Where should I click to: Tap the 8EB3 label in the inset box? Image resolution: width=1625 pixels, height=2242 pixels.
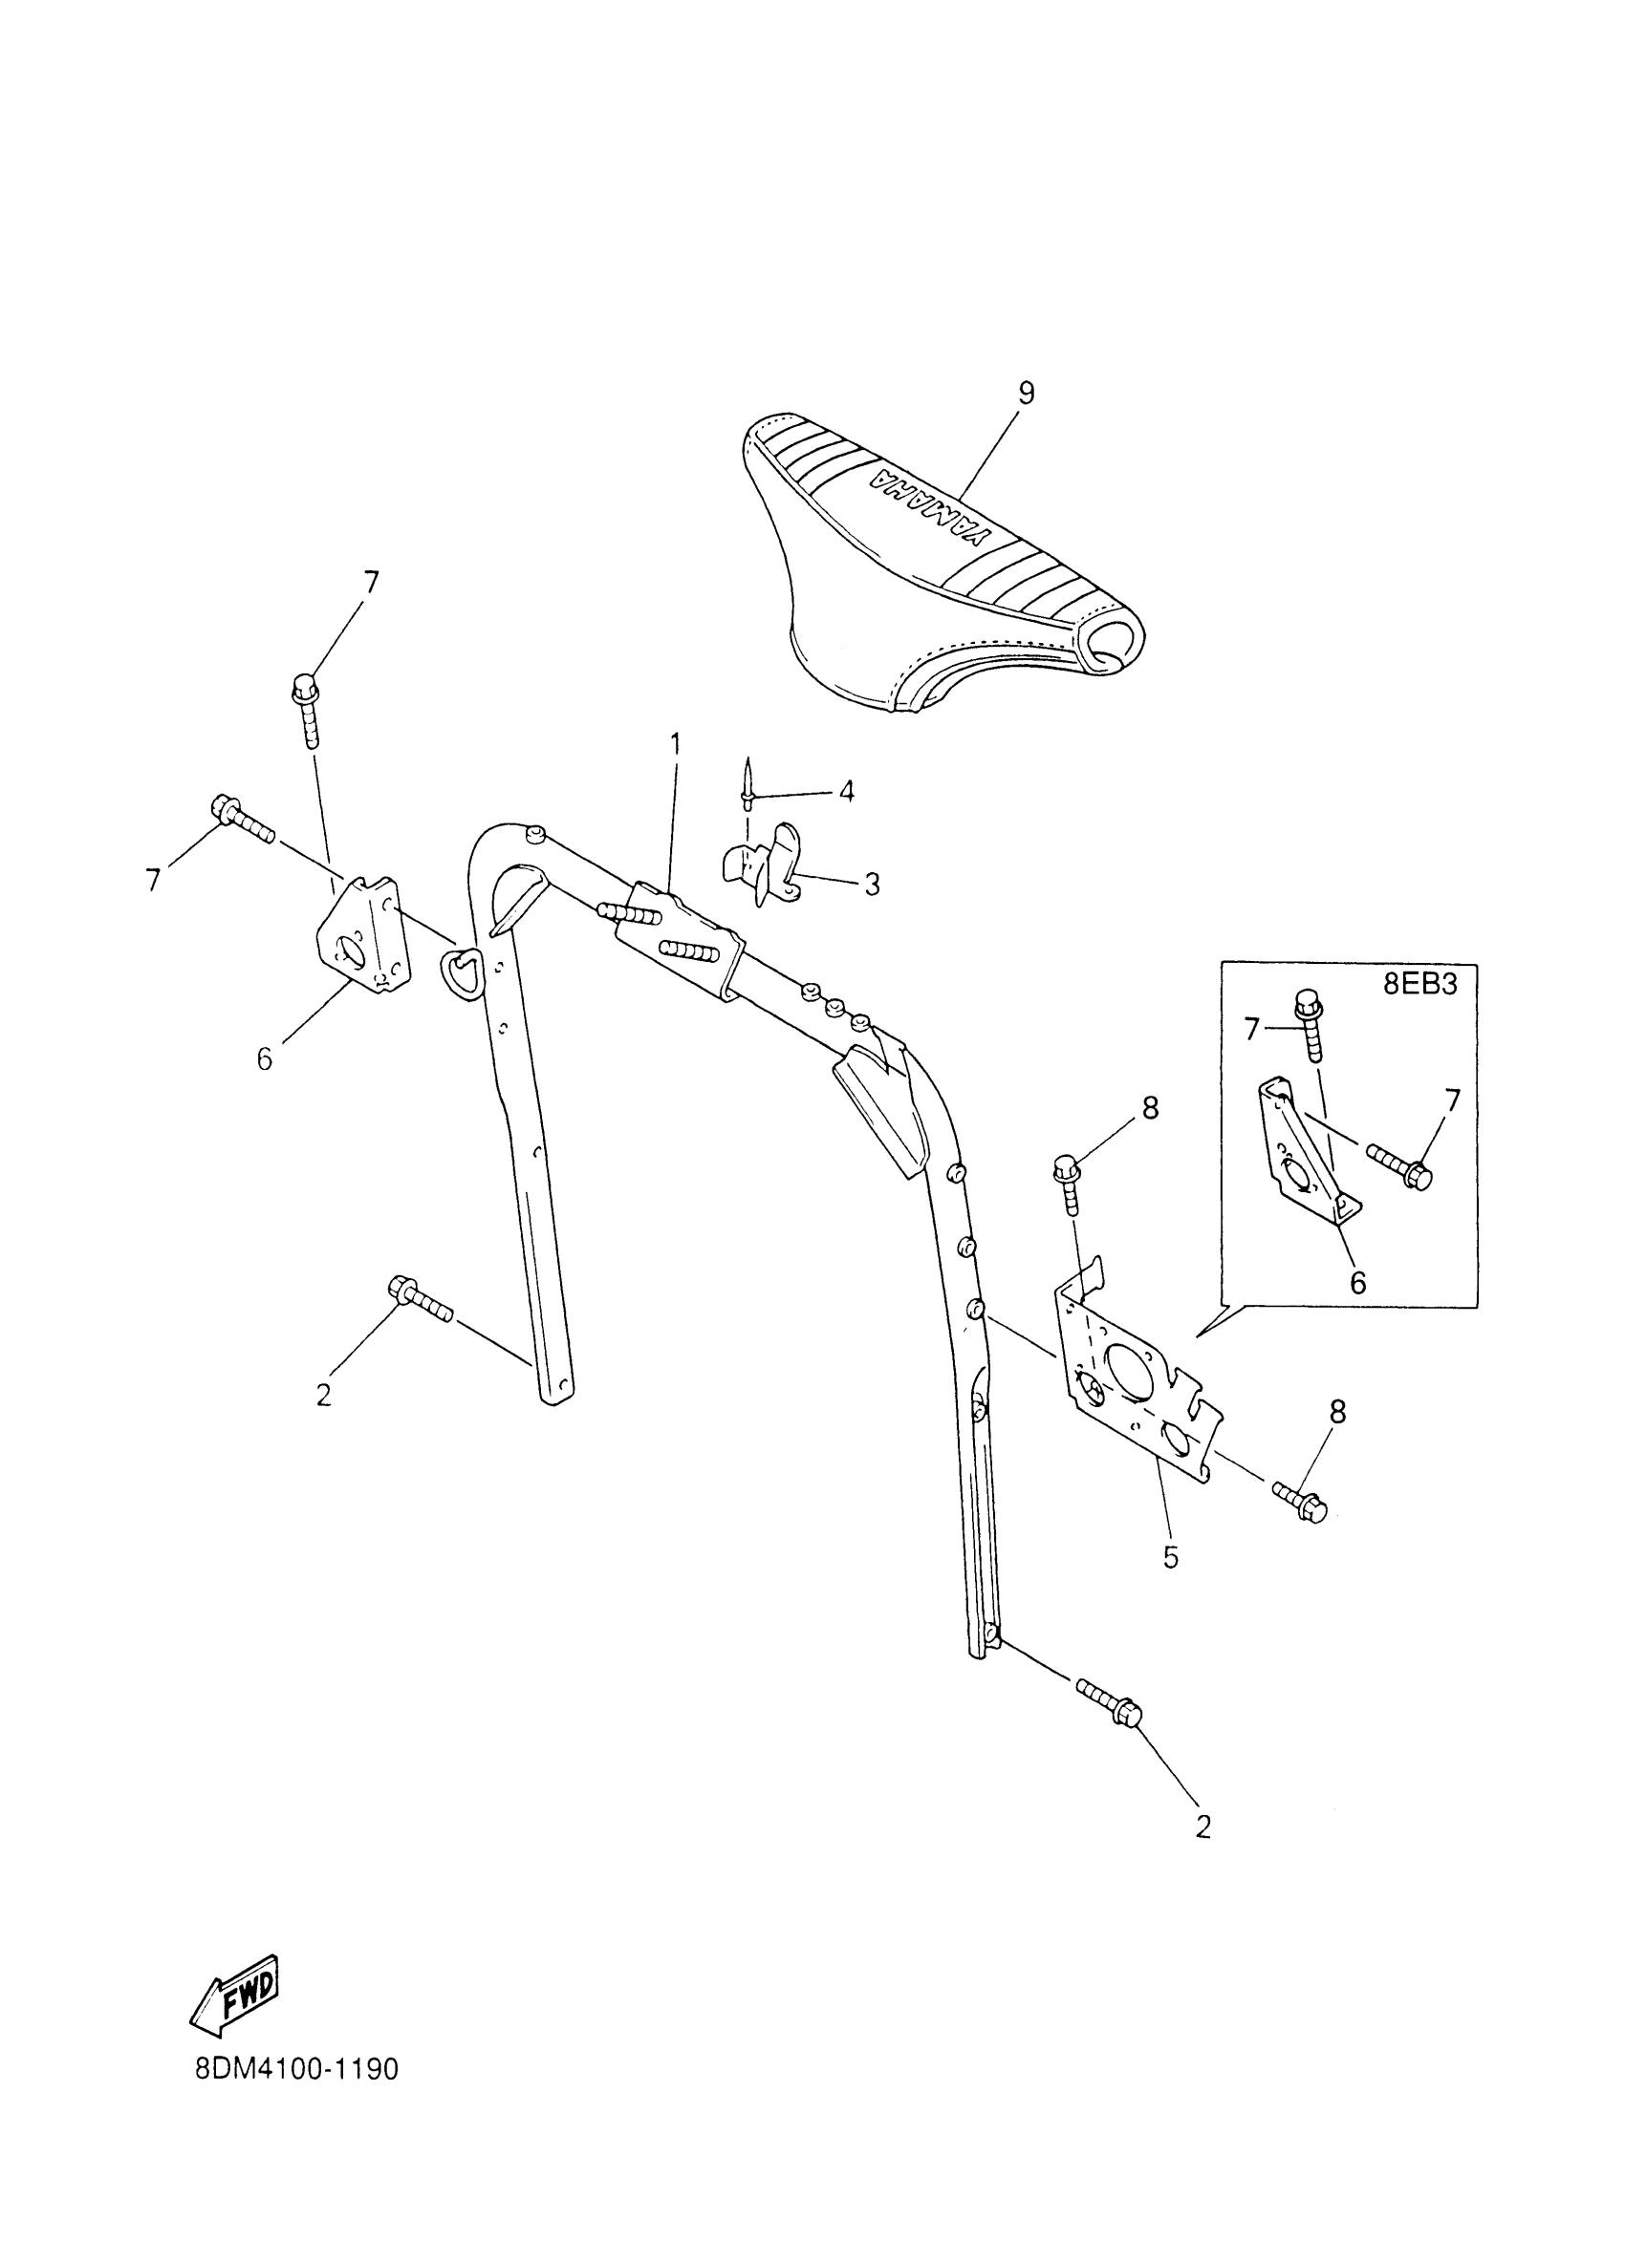[x=1420, y=986]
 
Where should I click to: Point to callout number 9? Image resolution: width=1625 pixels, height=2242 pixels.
[x=1026, y=393]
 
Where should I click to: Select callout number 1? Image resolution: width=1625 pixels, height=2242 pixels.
[x=676, y=743]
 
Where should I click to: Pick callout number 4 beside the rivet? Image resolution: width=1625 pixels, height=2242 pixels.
[x=846, y=792]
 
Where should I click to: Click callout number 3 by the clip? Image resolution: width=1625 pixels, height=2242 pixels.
[x=872, y=884]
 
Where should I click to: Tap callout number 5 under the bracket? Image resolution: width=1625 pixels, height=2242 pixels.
[x=1170, y=1556]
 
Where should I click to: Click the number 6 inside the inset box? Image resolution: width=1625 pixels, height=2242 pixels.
[x=1358, y=1282]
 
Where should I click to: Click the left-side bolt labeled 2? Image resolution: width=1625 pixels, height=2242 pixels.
[x=422, y=1300]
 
